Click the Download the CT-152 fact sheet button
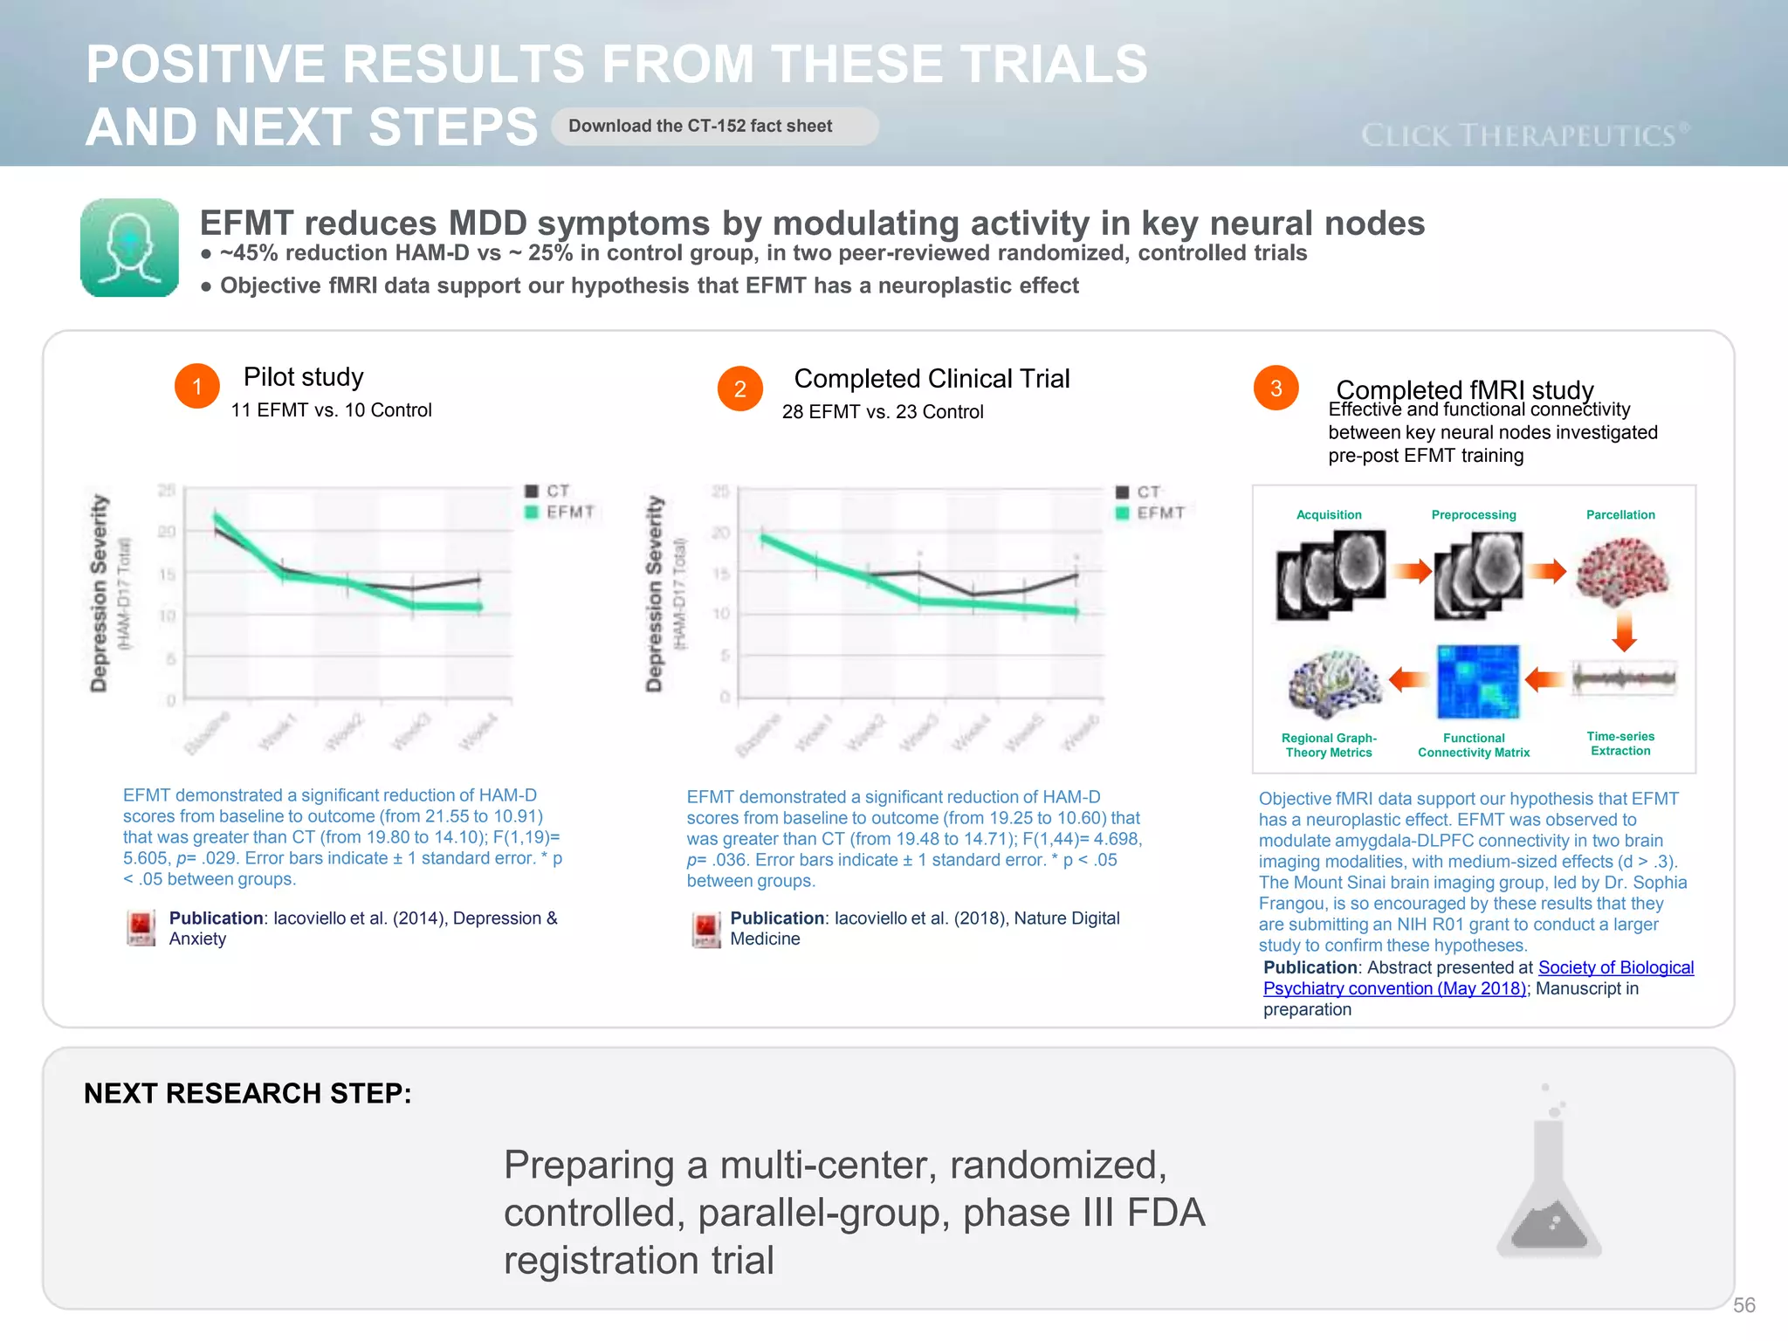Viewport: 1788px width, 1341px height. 714,127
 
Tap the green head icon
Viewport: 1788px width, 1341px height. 129,248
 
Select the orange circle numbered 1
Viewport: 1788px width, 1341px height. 196,386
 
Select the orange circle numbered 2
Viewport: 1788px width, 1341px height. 739,389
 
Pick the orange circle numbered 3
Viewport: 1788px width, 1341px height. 1276,389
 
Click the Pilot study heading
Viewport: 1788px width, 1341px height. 303,377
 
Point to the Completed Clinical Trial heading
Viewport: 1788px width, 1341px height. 932,379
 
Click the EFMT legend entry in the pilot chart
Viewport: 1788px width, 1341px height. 560,512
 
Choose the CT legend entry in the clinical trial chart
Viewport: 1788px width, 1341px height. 1139,492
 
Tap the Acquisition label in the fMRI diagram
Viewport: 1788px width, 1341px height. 1329,515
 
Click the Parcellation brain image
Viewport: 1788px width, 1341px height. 1622,572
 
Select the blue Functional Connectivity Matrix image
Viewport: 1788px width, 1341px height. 1477,681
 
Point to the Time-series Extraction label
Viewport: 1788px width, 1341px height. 1620,744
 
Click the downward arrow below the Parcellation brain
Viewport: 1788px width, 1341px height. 1624,630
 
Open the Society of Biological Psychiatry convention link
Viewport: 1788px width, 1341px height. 1615,968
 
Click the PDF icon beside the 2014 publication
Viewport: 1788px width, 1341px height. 141,928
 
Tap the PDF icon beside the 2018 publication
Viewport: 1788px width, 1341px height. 705,930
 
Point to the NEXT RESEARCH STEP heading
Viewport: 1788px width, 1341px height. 248,1094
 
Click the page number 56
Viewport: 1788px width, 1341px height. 1743,1305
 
